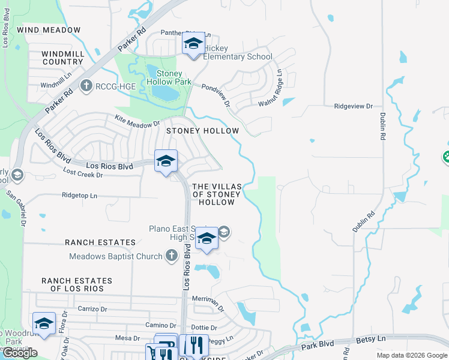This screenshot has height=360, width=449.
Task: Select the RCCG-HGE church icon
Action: coord(87,86)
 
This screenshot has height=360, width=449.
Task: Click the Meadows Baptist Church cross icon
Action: coord(171,256)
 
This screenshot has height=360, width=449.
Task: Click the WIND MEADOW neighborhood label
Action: coord(49,29)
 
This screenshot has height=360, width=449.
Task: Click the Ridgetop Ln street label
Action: coord(79,195)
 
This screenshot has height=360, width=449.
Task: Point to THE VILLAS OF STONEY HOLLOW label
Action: coord(217,194)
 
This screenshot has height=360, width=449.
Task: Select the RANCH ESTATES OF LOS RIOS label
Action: coord(77,284)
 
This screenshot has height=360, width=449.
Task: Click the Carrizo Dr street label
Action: coord(92,308)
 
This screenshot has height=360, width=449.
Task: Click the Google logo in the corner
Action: coord(19,353)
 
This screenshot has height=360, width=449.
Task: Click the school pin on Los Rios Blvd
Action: coord(166,160)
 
